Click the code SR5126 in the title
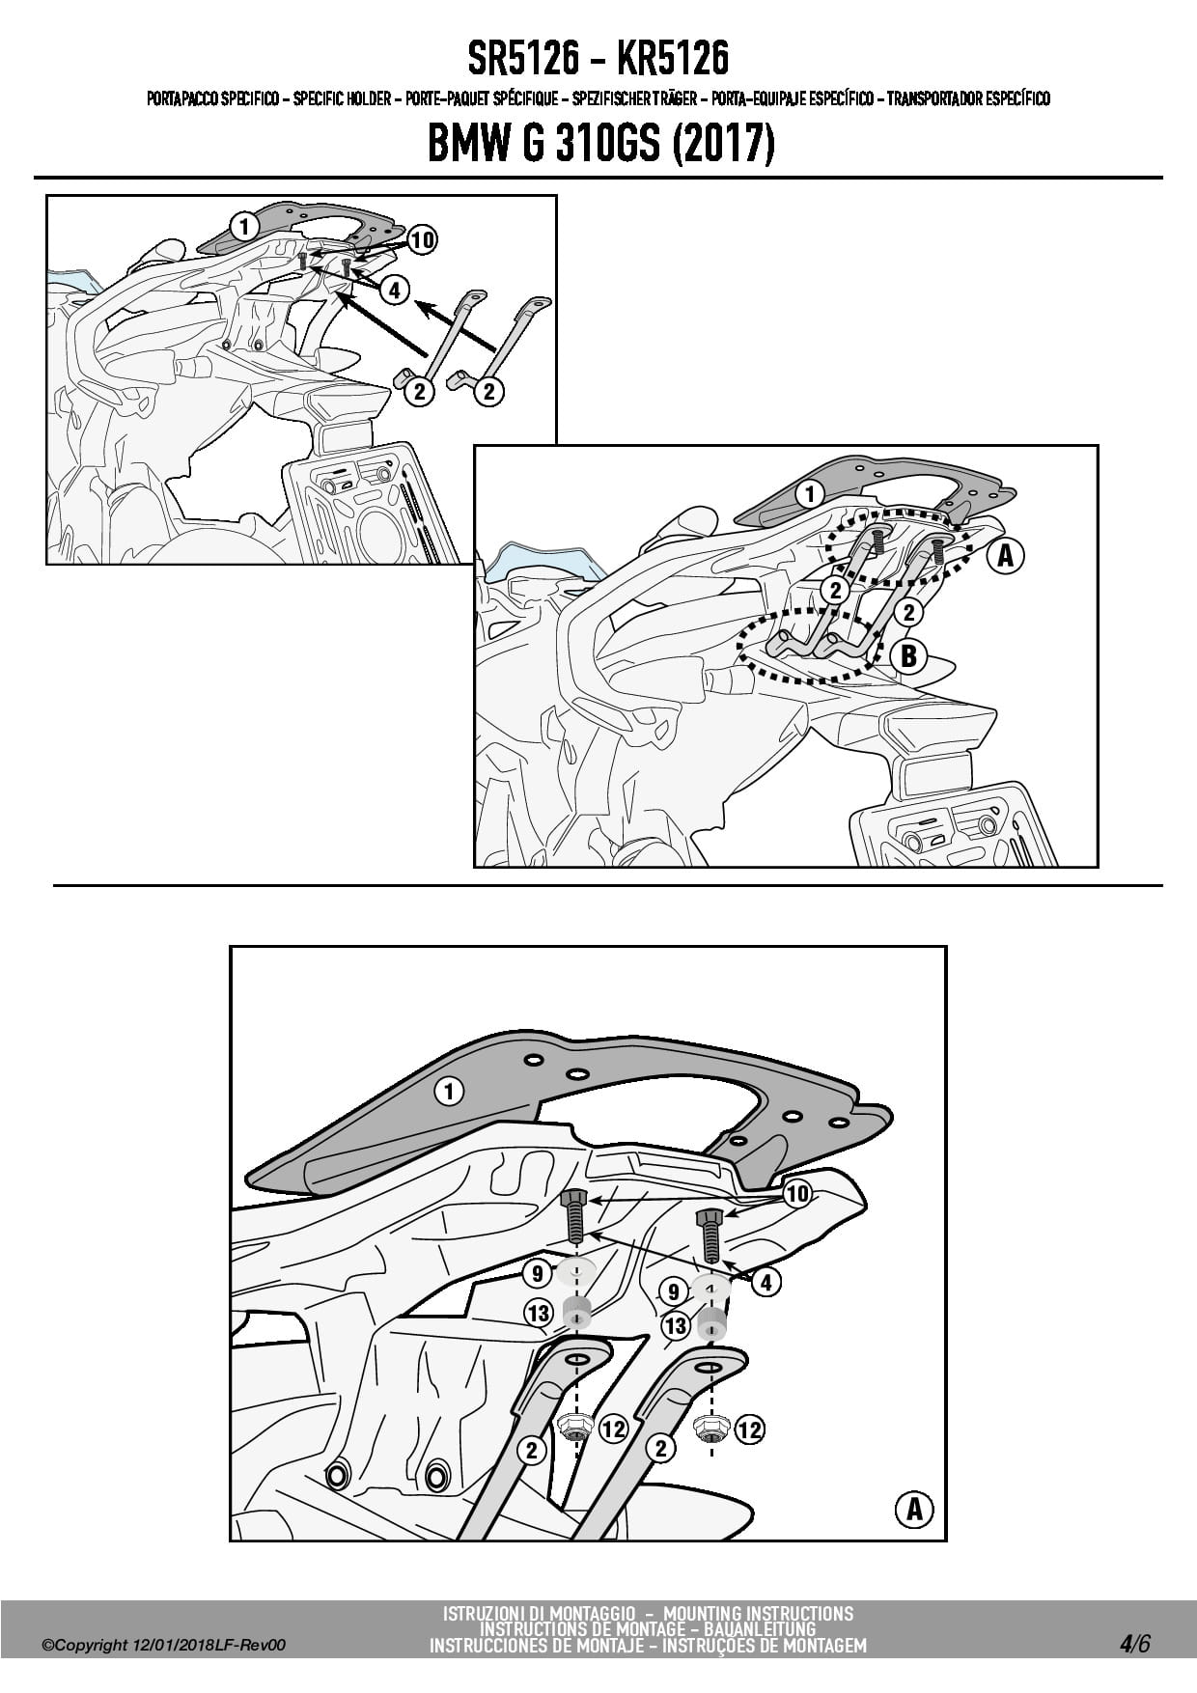point(525,60)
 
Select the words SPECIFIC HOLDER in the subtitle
point(342,98)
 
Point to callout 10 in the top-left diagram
point(422,240)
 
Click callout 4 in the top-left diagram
point(394,289)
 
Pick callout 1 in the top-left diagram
point(244,227)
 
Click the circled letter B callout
point(908,656)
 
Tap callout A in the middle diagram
point(1006,556)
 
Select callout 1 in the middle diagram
point(810,495)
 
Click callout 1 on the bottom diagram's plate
point(449,1092)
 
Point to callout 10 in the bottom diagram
point(797,1194)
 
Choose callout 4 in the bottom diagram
point(766,1282)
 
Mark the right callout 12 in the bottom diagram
point(749,1429)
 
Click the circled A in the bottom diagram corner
point(914,1509)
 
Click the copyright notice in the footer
point(164,1646)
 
